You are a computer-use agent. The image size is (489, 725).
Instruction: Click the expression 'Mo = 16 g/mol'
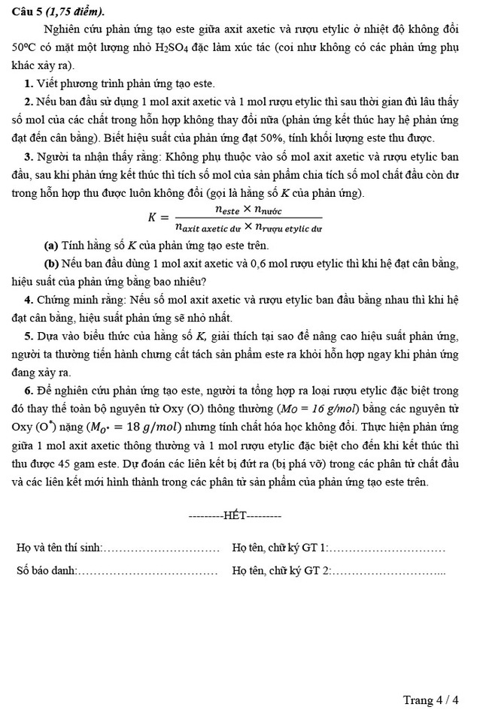pos(320,409)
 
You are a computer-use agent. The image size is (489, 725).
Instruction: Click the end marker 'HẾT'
pos(234,517)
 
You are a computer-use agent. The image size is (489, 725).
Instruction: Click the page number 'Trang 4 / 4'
pos(430,700)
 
